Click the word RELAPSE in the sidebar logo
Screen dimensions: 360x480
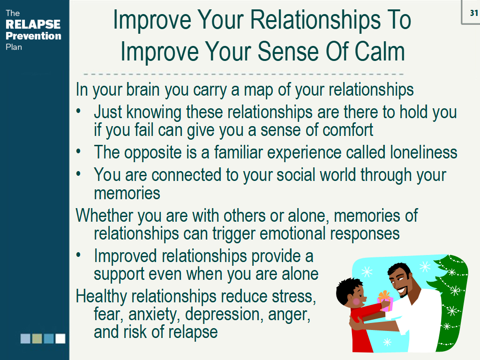click(33, 24)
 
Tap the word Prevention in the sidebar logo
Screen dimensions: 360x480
click(33, 36)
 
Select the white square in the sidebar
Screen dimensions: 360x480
click(60, 338)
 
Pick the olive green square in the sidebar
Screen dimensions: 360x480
click(37, 338)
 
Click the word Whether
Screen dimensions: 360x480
click(105, 216)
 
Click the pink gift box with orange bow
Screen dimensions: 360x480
click(385, 300)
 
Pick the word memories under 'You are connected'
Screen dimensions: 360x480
click(127, 193)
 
